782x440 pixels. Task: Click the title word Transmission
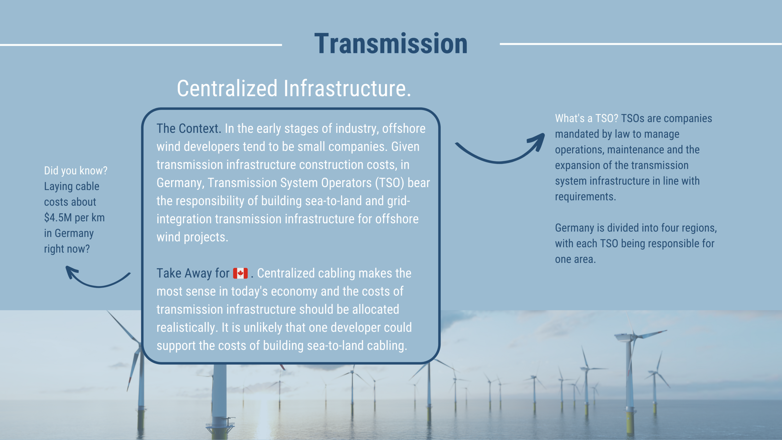click(x=391, y=44)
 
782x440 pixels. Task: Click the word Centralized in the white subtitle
click(x=227, y=88)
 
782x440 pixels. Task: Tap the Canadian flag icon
click(x=240, y=273)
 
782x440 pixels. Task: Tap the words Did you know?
click(x=76, y=171)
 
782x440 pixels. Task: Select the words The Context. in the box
click(x=189, y=129)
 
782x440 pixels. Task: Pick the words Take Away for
click(x=193, y=273)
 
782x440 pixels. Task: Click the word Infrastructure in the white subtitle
click(x=347, y=88)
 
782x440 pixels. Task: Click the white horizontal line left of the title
click(x=141, y=45)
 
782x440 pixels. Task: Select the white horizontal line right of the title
click(x=641, y=44)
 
